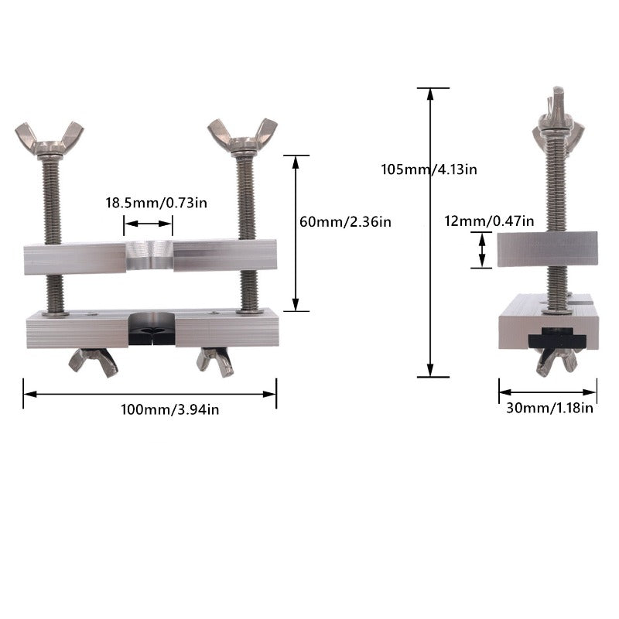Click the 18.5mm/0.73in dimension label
click(156, 203)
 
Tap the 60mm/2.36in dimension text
click(345, 222)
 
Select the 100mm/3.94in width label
click(169, 409)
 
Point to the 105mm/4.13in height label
click(429, 169)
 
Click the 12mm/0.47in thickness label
click(489, 221)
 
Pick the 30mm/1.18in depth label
click(549, 408)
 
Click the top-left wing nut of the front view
click(50, 139)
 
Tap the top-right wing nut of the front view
click(242, 135)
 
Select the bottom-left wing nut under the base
click(94, 362)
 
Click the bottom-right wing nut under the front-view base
click(216, 361)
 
